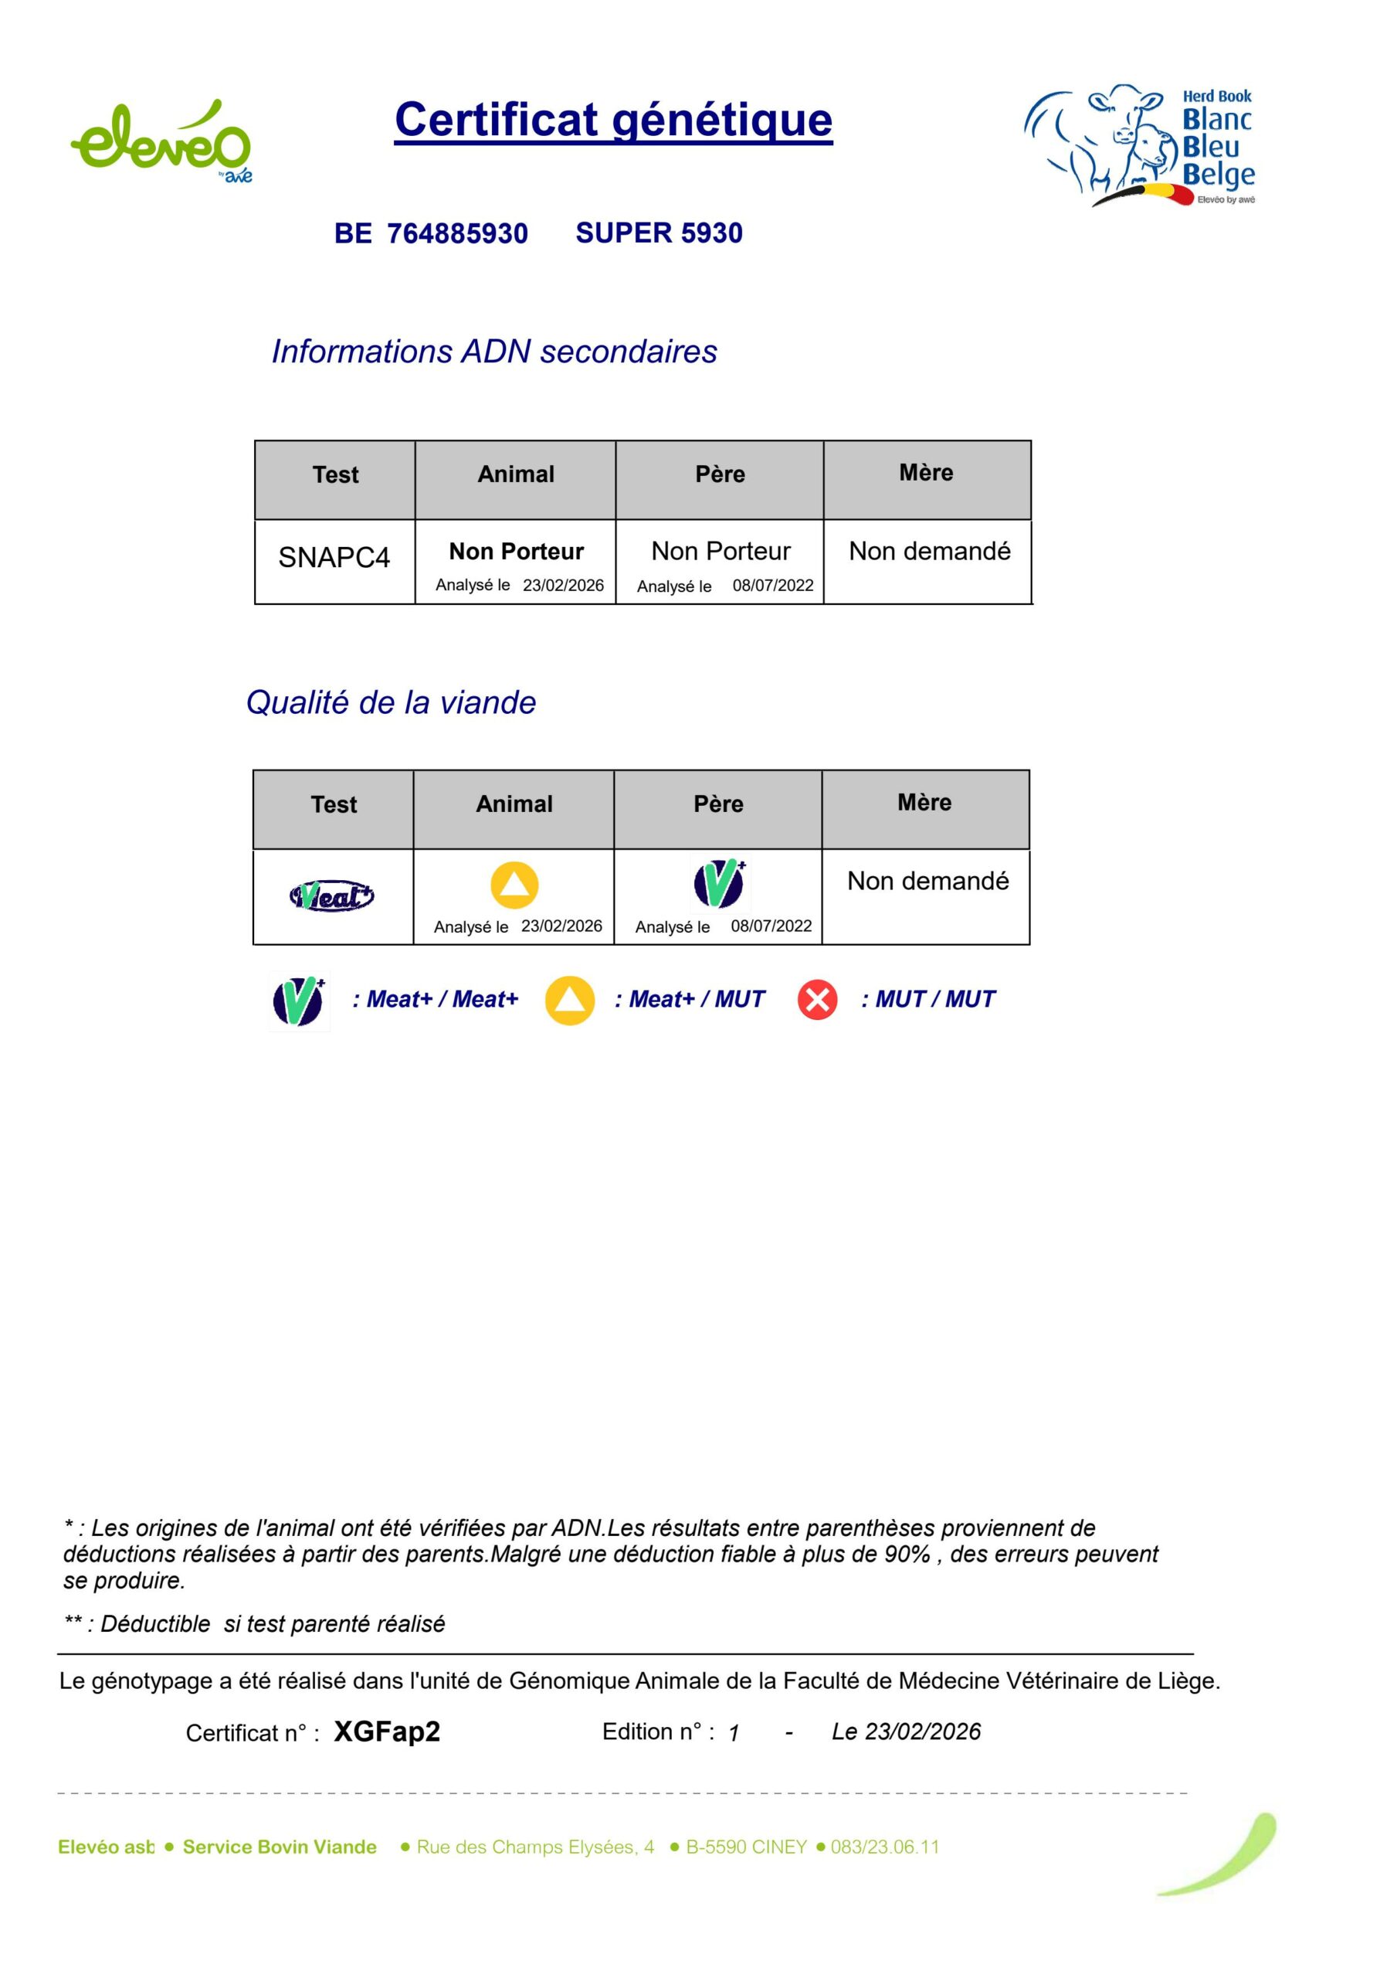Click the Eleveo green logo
coord(161,141)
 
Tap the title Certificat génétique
coord(613,120)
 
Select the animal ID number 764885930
coord(456,233)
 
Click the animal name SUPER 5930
coord(659,233)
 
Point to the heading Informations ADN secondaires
coord(493,352)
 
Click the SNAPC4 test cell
coord(334,557)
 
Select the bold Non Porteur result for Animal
coord(516,552)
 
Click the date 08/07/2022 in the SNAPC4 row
coord(772,586)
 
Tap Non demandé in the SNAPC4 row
coord(929,552)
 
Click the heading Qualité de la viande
coord(391,703)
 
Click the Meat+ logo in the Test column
coord(331,897)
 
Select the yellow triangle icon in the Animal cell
coord(514,885)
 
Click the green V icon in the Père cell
coord(719,884)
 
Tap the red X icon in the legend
coord(816,1000)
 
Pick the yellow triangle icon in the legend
coord(569,1000)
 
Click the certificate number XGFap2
coord(387,1732)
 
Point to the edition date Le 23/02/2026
coord(905,1732)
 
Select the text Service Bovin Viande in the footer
coord(279,1847)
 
